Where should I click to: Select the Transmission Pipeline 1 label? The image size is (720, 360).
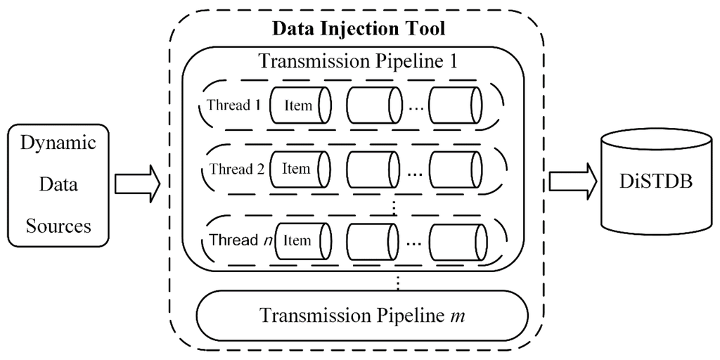point(359,60)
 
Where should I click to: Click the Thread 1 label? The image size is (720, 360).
point(229,105)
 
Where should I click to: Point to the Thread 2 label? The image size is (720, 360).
point(231,169)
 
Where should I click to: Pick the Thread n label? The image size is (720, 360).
point(236,240)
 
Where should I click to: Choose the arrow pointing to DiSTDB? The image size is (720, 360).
point(570,182)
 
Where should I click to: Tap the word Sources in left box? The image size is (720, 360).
point(58,226)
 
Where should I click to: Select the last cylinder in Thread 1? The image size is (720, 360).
point(456,105)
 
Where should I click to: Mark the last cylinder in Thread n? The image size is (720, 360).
point(456,240)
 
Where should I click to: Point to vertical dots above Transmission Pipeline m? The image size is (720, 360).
point(398,282)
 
